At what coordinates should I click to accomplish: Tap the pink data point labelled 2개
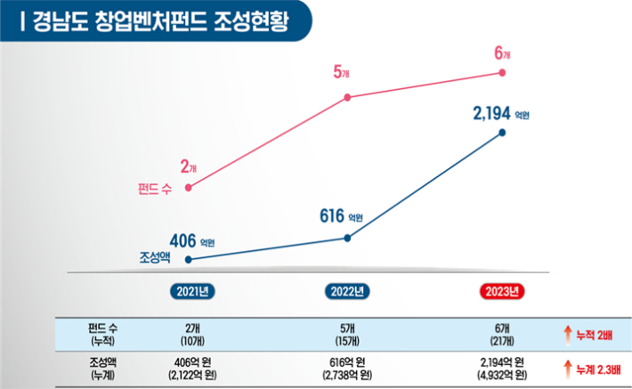coord(189,187)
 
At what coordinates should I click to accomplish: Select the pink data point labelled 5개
coord(346,97)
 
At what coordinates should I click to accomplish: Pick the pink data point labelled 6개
coord(503,73)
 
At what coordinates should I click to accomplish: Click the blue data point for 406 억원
coord(189,260)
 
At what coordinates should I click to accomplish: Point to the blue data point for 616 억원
coord(346,238)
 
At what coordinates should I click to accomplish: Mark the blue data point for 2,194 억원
coord(503,134)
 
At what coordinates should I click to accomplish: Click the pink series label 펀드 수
coord(156,189)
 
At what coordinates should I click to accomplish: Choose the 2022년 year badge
coord(346,291)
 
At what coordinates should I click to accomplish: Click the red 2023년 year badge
coord(503,291)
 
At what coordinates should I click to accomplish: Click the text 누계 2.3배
coord(595,367)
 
